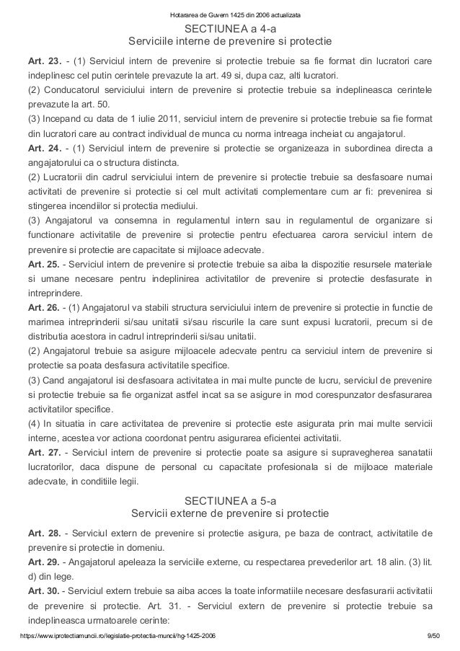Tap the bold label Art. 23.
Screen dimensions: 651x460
pos(42,61)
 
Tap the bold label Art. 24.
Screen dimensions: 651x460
pos(42,149)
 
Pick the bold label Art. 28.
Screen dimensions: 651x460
pos(42,533)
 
